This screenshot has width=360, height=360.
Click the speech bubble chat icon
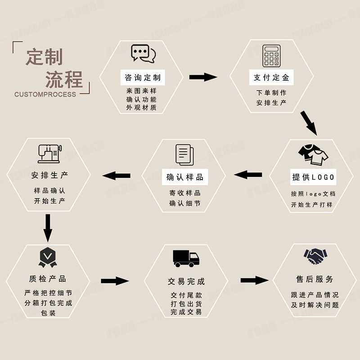click(x=143, y=54)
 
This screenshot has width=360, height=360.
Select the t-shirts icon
click(x=313, y=154)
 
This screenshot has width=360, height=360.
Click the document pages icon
click(x=184, y=154)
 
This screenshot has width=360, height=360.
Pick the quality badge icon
click(x=47, y=256)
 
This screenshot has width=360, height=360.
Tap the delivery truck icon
click(x=186, y=257)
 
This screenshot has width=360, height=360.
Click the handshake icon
click(x=315, y=257)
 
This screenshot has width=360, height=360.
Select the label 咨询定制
click(x=143, y=77)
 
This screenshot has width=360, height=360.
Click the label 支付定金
click(x=271, y=77)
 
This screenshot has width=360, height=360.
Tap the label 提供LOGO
click(x=314, y=177)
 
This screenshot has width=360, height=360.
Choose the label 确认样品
click(x=185, y=177)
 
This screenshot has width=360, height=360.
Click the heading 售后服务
click(x=315, y=279)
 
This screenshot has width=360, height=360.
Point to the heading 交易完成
click(x=186, y=282)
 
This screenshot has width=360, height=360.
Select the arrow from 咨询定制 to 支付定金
click(x=203, y=77)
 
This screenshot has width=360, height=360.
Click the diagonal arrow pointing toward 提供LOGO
click(x=309, y=122)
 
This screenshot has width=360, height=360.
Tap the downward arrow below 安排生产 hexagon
click(x=48, y=228)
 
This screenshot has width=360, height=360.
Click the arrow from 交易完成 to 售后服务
click(x=254, y=280)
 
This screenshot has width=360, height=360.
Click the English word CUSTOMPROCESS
click(x=45, y=94)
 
